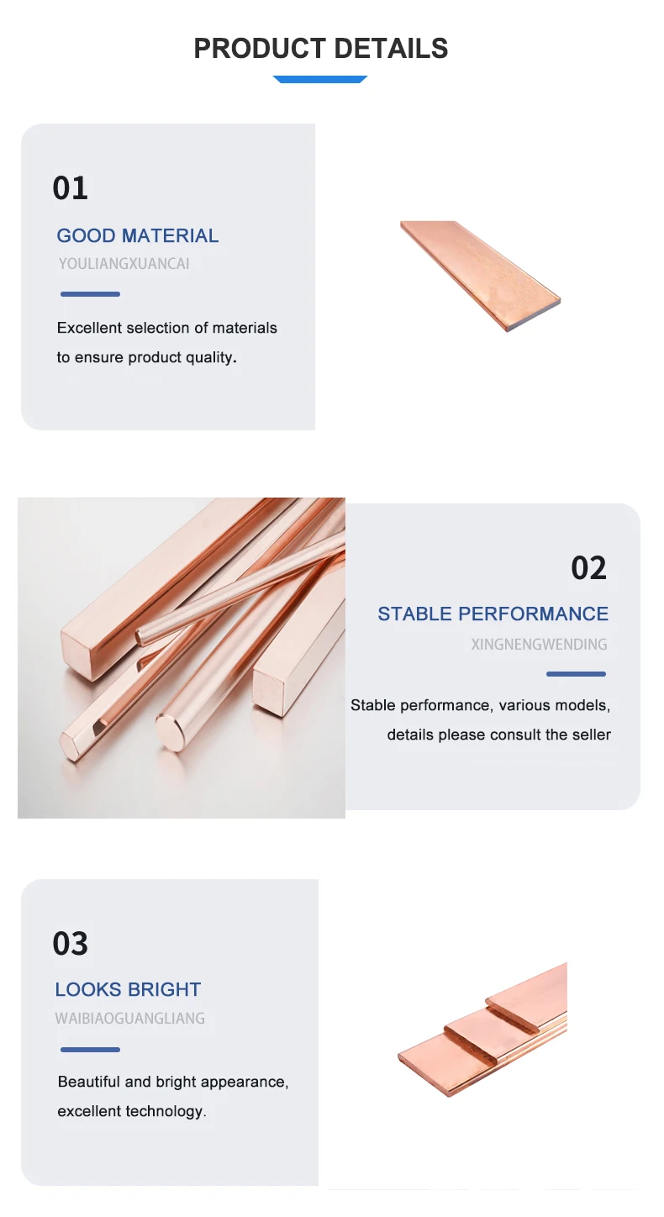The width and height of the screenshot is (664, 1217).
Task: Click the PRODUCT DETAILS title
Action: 320,49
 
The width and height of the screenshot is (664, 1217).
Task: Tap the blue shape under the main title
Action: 320,79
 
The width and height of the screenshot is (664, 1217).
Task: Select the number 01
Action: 70,188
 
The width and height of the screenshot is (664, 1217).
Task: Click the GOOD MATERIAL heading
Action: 138,236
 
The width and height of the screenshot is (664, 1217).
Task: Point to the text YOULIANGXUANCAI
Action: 124,264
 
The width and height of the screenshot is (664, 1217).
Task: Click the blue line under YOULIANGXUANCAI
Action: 90,294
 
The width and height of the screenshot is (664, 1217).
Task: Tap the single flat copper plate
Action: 480,276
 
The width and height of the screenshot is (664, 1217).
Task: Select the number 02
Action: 588,568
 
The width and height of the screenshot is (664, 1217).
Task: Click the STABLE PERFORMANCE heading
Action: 493,614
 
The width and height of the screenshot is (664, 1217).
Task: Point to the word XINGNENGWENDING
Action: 539,645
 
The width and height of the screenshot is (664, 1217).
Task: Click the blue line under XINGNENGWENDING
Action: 576,674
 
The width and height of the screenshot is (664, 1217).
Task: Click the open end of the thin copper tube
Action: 141,635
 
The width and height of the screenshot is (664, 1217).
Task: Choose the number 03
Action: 70,944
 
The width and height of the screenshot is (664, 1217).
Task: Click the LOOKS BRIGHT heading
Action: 128,990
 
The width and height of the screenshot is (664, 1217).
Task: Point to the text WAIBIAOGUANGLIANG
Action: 130,1018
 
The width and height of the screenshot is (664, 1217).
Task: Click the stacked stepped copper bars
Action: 482,1030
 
